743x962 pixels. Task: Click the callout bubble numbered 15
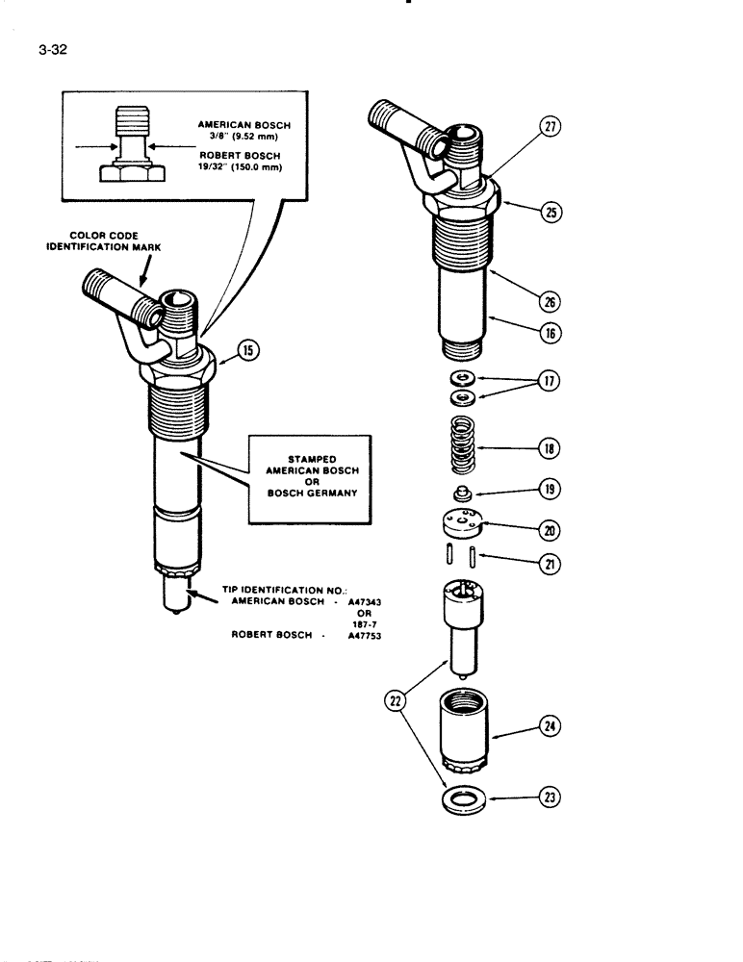[247, 352]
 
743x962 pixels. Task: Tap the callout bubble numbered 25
[551, 214]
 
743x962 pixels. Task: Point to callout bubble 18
[551, 448]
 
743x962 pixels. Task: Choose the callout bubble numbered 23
[551, 797]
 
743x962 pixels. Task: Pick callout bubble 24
[551, 728]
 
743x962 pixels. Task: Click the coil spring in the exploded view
[467, 446]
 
